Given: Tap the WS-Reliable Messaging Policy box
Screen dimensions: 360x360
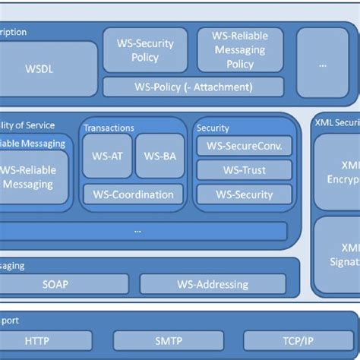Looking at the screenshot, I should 240,50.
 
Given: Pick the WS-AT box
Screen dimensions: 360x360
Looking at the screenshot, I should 107,156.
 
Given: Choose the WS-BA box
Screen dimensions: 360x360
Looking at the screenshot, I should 159,156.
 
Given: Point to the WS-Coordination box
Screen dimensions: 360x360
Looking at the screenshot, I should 133,194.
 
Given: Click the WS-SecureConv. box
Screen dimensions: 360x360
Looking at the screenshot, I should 244,147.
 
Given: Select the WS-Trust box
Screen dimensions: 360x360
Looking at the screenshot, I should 244,171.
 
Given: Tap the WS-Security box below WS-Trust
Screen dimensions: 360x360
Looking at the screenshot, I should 244,194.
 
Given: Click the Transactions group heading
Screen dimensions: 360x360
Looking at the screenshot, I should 109,128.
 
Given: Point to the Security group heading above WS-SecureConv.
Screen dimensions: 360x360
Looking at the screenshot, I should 213,128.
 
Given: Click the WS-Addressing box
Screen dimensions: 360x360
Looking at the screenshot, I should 213,285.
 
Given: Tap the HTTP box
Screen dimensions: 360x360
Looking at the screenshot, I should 37,342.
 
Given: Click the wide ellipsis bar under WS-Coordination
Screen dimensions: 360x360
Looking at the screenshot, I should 137,230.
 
